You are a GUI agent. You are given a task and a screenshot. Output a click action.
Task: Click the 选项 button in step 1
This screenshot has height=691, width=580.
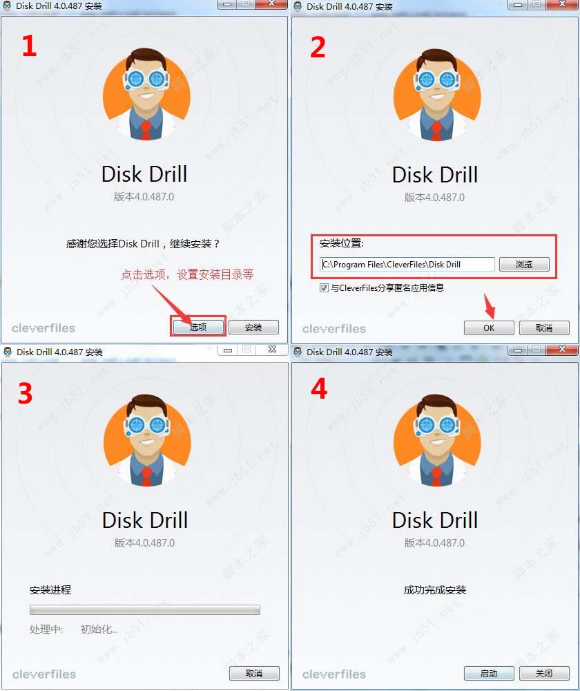(x=198, y=327)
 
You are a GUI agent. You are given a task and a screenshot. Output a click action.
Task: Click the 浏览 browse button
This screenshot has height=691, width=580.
(x=524, y=264)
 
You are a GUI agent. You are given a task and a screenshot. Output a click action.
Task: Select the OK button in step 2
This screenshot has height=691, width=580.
(x=489, y=328)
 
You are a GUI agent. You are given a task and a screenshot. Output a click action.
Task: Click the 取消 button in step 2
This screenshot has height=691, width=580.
(x=544, y=328)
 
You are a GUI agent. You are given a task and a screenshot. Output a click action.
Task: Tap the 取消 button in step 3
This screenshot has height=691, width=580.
(x=254, y=673)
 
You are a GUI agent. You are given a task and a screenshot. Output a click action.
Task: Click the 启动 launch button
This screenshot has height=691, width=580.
(x=489, y=673)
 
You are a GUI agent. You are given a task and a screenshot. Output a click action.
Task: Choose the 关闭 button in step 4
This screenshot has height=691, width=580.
(x=544, y=673)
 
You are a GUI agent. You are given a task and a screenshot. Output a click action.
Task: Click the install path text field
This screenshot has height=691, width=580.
(x=407, y=264)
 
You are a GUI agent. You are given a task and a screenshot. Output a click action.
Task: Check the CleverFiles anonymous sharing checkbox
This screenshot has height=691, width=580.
(x=325, y=287)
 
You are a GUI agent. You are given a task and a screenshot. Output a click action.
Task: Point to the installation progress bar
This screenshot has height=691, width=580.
(x=145, y=609)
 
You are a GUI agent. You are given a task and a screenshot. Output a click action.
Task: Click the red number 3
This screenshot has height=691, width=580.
(x=26, y=392)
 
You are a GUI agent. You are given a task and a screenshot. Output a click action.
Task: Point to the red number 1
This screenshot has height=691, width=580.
(x=28, y=46)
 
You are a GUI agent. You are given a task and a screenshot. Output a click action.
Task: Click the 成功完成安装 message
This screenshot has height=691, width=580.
(x=435, y=590)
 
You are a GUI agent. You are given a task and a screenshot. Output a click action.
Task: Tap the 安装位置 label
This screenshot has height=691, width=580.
(x=341, y=243)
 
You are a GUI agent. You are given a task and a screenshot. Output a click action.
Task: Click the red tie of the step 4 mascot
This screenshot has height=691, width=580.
(x=436, y=477)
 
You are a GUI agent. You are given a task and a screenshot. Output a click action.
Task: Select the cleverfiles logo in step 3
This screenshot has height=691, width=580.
(x=43, y=674)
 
